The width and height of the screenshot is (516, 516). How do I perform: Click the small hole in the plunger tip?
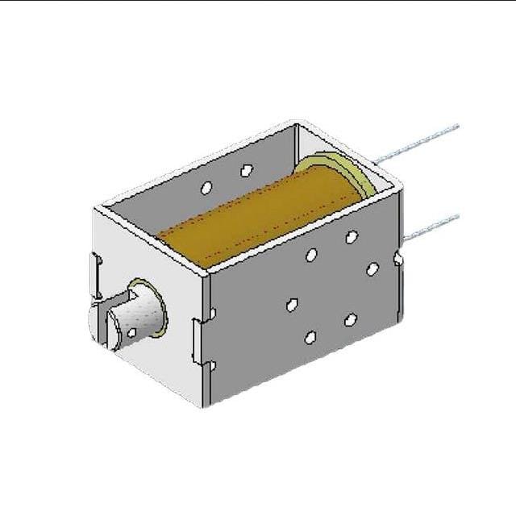pyautogui.click(x=131, y=332)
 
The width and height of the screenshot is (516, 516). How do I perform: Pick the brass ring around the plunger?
pyautogui.click(x=149, y=306)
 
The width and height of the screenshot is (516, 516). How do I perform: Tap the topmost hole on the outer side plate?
pyautogui.click(x=352, y=237)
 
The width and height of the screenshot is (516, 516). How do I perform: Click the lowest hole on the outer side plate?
pyautogui.click(x=310, y=337)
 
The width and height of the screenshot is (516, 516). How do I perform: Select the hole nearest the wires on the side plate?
pyautogui.click(x=372, y=269)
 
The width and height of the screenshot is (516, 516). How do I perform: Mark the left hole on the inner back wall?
pyautogui.click(x=206, y=188)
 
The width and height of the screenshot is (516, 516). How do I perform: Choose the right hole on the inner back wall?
pyautogui.click(x=247, y=170)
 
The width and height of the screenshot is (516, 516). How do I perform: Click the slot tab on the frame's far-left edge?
pyautogui.click(x=96, y=274)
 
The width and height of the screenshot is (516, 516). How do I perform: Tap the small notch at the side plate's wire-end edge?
pyautogui.click(x=398, y=259)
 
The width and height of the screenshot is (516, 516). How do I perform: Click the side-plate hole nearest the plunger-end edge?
pyautogui.click(x=293, y=305)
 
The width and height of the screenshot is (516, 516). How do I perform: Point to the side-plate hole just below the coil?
pyautogui.click(x=311, y=255)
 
